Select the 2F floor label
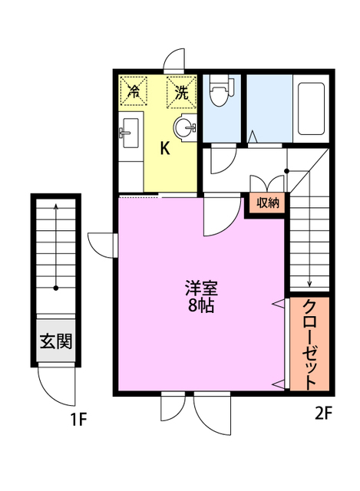[x=323, y=415]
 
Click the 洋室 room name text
[x=201, y=289]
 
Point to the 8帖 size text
[x=201, y=306]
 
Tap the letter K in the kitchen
[x=164, y=149]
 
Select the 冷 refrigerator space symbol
[x=134, y=93]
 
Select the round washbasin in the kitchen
[x=184, y=128]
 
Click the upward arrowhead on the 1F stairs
[x=56, y=206]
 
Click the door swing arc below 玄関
[x=57, y=387]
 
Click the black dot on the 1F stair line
[x=56, y=289]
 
